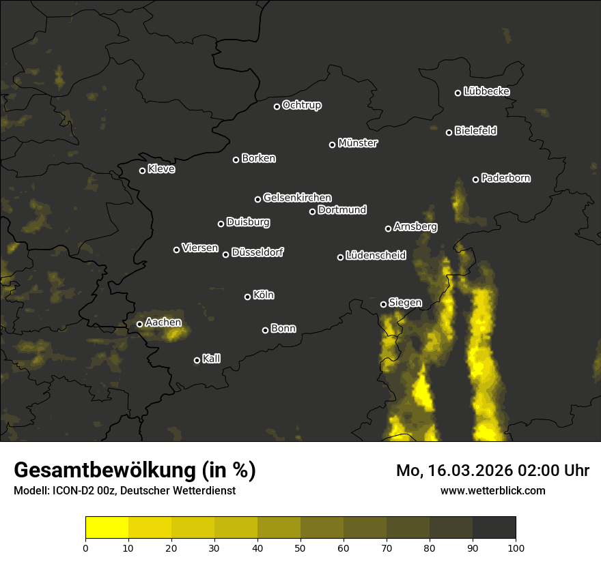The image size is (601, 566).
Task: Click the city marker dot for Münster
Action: point(333,145)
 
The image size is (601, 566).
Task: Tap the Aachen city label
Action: point(164,322)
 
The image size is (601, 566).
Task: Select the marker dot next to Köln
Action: point(247,297)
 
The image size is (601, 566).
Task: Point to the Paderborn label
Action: point(505,178)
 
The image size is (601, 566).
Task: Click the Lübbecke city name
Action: point(486,91)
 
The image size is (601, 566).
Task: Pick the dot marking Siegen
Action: point(383,304)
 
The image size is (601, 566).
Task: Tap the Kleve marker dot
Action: point(143,170)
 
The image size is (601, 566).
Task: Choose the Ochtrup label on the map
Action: point(301,105)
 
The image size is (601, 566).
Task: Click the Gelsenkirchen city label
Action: point(297,198)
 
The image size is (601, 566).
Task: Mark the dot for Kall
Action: point(197,360)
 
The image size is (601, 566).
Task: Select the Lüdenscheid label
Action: point(376,256)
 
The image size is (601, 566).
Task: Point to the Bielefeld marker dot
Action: point(449,132)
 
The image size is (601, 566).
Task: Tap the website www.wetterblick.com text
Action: point(492,490)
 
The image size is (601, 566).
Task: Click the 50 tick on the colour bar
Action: point(300,547)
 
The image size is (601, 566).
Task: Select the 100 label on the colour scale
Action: point(516,547)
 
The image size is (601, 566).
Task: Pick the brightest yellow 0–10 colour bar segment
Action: point(107,527)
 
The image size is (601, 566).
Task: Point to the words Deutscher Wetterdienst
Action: point(178,490)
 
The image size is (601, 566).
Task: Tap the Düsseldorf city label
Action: point(257,252)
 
